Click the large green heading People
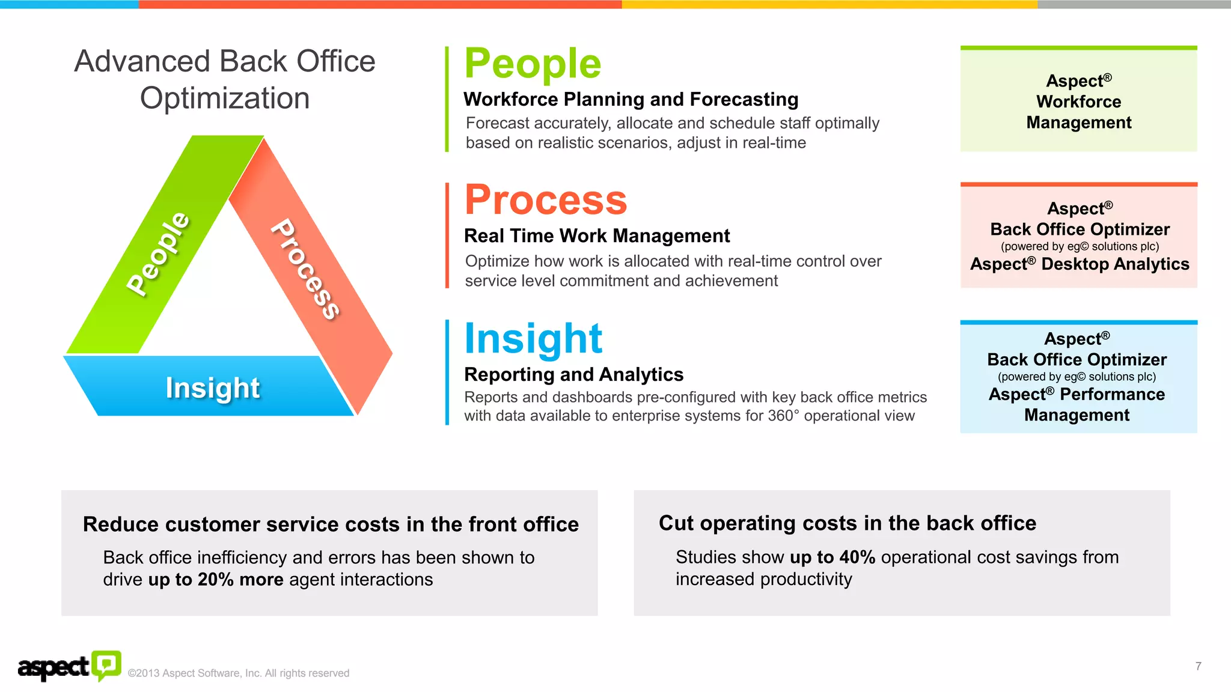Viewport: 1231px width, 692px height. [x=533, y=64]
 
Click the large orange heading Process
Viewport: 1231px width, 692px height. [x=546, y=200]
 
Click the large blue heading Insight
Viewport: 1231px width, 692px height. [x=533, y=339]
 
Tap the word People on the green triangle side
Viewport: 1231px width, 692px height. [x=158, y=253]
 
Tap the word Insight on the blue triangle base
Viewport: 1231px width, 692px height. [x=213, y=388]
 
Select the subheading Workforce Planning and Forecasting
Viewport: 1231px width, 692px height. [x=631, y=99]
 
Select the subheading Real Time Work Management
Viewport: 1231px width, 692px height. [x=597, y=236]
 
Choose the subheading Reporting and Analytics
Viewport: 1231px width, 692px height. [x=573, y=374]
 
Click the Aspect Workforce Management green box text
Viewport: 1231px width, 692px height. [x=1078, y=102]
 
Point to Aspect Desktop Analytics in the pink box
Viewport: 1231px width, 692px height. [x=1080, y=264]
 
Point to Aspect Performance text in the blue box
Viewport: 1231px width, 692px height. [x=1077, y=395]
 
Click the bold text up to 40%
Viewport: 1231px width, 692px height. [x=832, y=557]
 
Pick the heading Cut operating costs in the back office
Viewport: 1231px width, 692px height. [x=847, y=523]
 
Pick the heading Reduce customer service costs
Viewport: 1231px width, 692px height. [x=331, y=524]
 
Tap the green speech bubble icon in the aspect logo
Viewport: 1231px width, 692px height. [x=106, y=664]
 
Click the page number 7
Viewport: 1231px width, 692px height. [x=1198, y=666]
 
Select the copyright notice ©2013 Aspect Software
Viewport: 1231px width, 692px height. [x=239, y=673]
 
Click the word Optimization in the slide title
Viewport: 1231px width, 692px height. [x=225, y=99]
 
